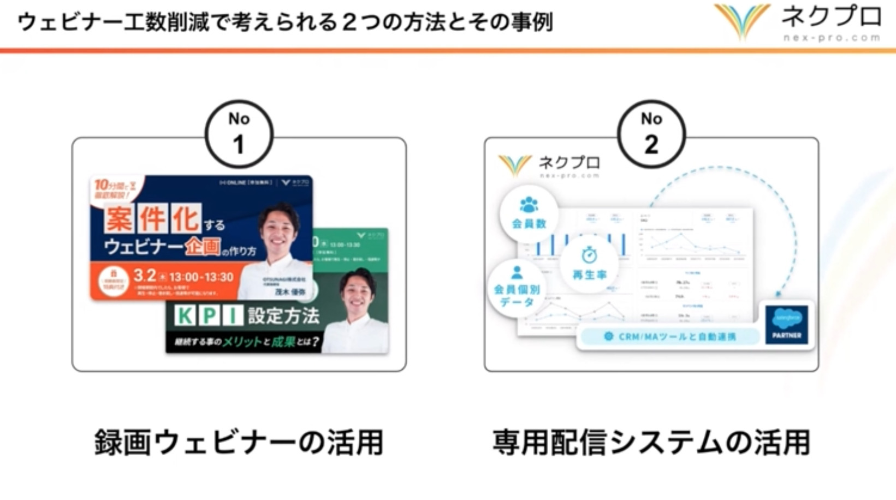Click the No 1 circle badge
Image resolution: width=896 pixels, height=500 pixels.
click(x=239, y=134)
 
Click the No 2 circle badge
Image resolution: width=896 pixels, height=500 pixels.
click(x=651, y=134)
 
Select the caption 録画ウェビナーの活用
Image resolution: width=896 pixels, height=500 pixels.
click(x=239, y=442)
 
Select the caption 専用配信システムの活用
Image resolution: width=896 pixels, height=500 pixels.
click(x=651, y=442)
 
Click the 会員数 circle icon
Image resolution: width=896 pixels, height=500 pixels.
click(x=529, y=213)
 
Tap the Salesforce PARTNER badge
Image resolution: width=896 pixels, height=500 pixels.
click(x=786, y=324)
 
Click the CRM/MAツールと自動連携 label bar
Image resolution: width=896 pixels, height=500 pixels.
click(x=670, y=337)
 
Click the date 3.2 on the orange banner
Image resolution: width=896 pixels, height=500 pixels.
click(x=145, y=276)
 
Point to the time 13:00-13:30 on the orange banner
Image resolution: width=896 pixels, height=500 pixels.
click(x=201, y=277)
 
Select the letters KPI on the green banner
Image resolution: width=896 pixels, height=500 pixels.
click(x=208, y=316)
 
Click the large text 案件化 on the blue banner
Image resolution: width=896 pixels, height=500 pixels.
click(x=152, y=219)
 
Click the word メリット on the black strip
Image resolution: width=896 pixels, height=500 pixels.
click(x=242, y=342)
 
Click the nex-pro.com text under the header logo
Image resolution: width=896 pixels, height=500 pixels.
click(x=831, y=38)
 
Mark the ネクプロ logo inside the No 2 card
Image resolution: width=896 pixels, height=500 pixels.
click(x=549, y=166)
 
